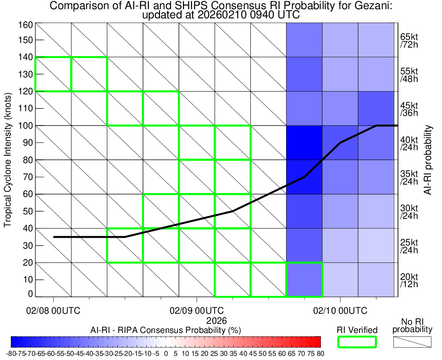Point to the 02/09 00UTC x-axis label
pyautogui.click(x=197, y=311)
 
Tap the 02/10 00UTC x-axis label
pyautogui.click(x=340, y=311)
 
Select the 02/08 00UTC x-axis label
pyautogui.click(x=54, y=311)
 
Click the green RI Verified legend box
pyautogui.click(x=357, y=342)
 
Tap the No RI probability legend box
pyautogui.click(x=412, y=342)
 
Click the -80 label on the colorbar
pyautogui.click(x=11, y=354)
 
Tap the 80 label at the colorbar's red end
pyautogui.click(x=320, y=354)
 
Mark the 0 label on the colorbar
pyautogui.click(x=166, y=354)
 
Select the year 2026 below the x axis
pyautogui.click(x=216, y=320)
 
